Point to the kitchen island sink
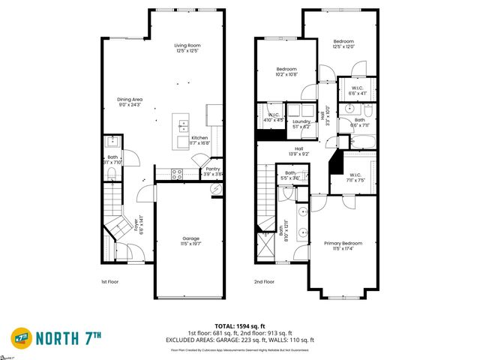(184, 126)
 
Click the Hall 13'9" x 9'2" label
(298, 151)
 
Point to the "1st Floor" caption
(111, 282)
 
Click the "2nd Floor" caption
(264, 282)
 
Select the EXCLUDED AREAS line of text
(240, 340)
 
